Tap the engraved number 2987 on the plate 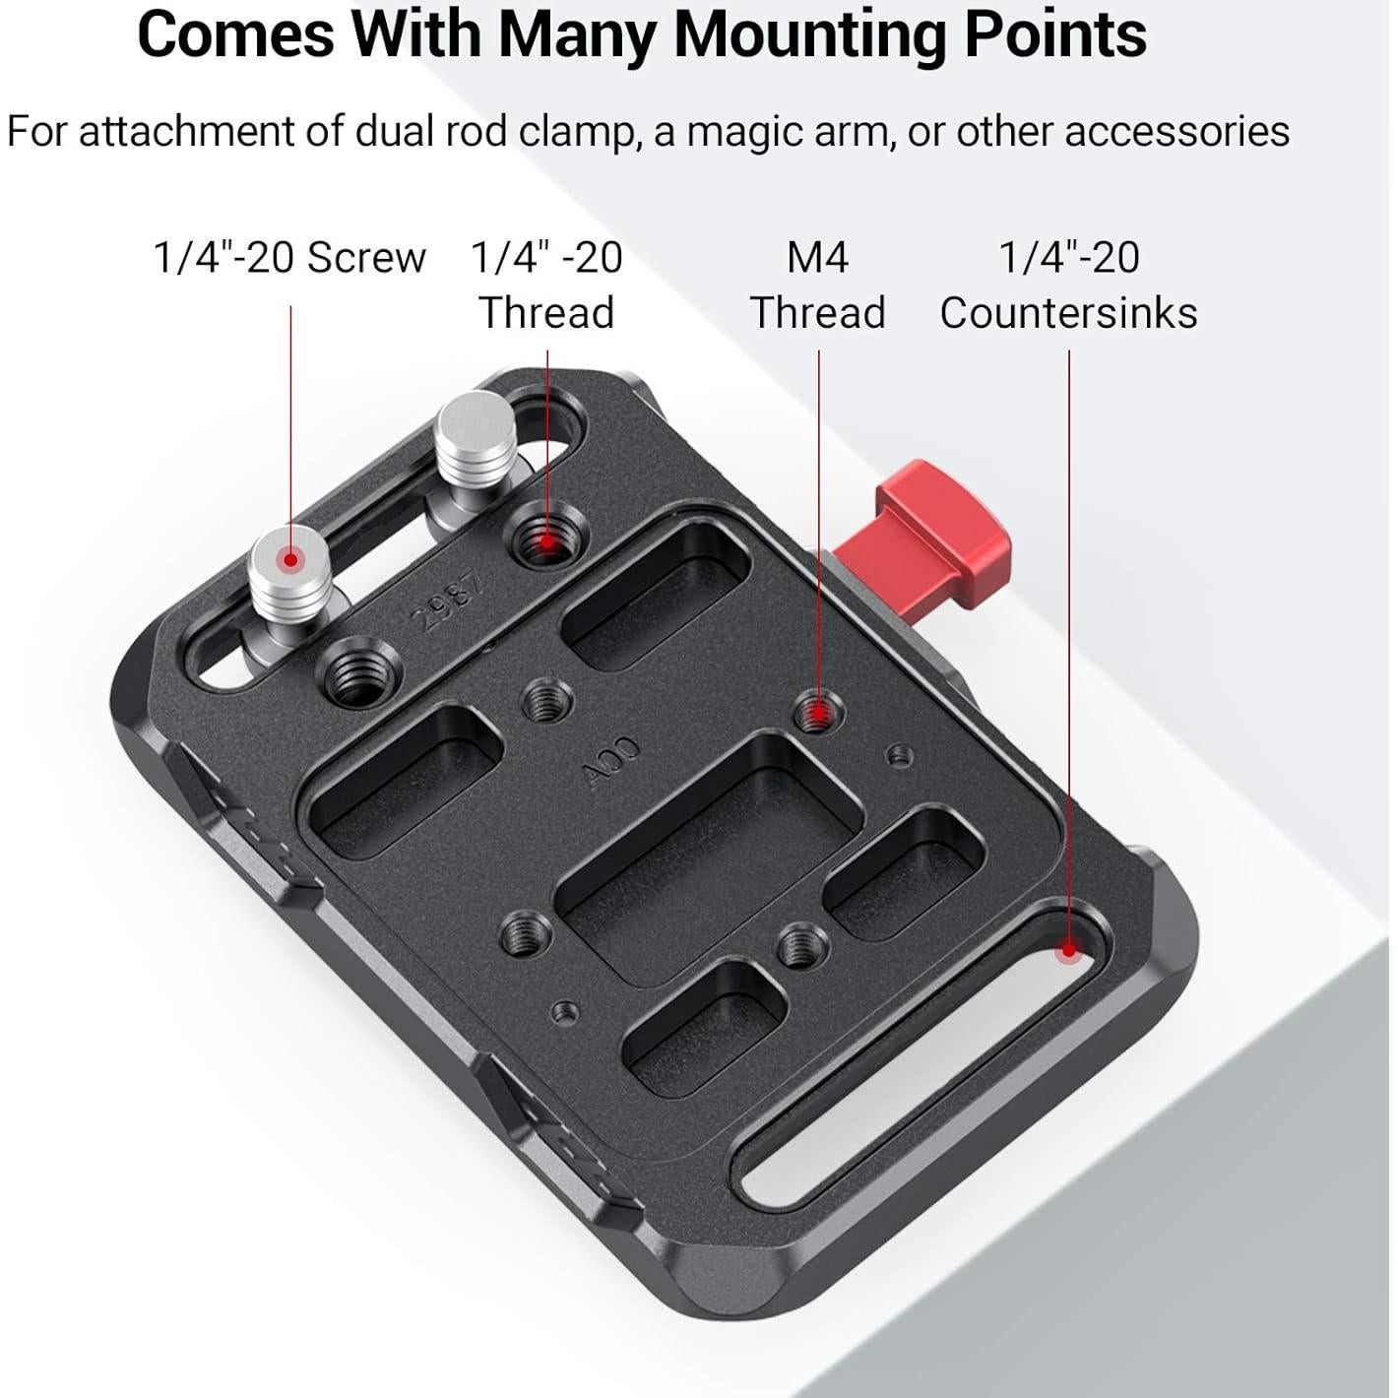pos(449,603)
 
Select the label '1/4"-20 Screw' pos(289,257)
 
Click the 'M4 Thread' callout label pos(817,285)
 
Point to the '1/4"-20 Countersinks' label pos(1068,285)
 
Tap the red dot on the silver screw pos(290,559)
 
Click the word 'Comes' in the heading pos(237,35)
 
